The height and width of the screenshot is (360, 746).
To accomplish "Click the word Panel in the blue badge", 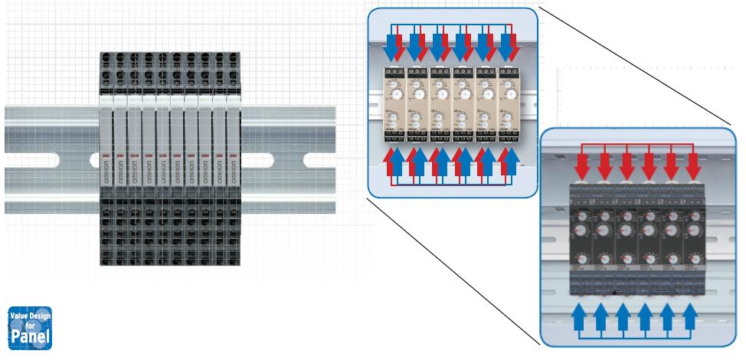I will (30, 336).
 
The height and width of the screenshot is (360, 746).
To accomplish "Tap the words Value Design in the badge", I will (30, 314).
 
